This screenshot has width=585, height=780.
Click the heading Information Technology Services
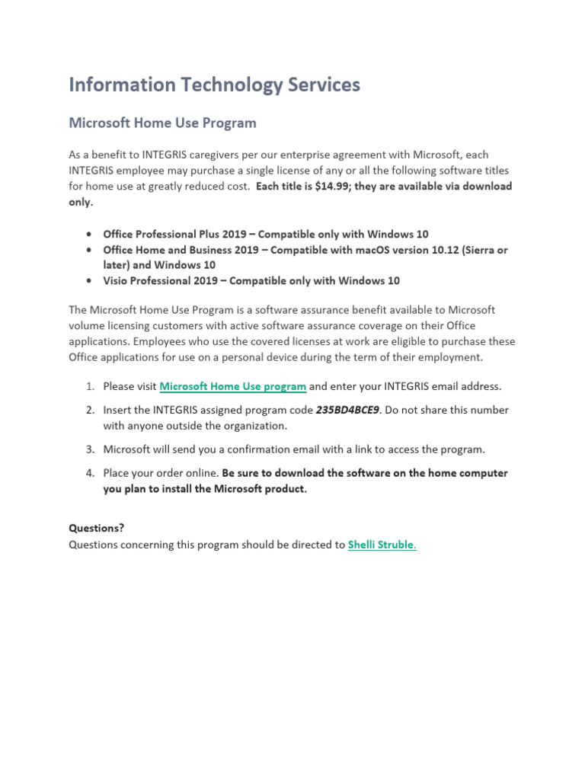pos(214,85)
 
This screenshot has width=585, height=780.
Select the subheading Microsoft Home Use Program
pos(162,123)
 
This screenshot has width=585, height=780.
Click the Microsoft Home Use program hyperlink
pos(233,386)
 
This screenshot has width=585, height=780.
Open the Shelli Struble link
pos(382,545)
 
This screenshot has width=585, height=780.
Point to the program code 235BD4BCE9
pos(347,410)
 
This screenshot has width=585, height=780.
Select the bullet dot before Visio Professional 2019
pos(90,281)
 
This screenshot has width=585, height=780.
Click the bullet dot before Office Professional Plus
pos(90,234)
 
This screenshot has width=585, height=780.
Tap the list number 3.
pos(89,449)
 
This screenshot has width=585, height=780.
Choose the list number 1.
pos(89,386)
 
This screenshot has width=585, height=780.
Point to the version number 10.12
pos(430,250)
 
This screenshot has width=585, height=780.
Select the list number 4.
pos(89,473)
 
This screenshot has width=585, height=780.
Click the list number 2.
pos(89,410)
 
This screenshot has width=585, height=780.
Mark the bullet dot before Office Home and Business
pos(90,250)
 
